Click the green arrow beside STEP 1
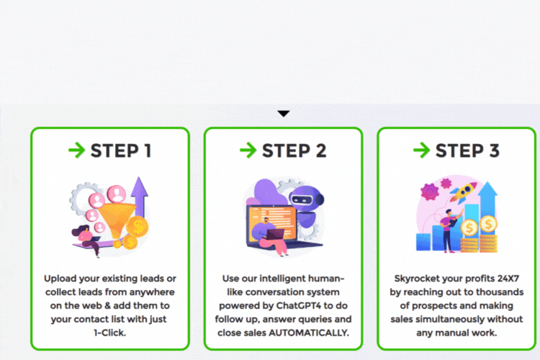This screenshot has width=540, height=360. tap(76, 150)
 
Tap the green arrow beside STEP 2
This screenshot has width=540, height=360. tap(248, 150)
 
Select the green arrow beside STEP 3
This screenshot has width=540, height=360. tap(421, 150)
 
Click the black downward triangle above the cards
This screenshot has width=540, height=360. tap(284, 113)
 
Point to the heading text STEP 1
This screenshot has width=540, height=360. tap(121, 151)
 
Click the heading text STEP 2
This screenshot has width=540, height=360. tap(294, 151)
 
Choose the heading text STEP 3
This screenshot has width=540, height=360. tap(467, 151)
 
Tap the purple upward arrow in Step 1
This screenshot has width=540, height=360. tap(140, 197)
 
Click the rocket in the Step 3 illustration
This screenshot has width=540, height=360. tap(464, 192)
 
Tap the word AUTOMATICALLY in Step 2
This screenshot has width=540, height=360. tap(309, 333)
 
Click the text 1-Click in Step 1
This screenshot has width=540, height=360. tap(110, 333)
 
